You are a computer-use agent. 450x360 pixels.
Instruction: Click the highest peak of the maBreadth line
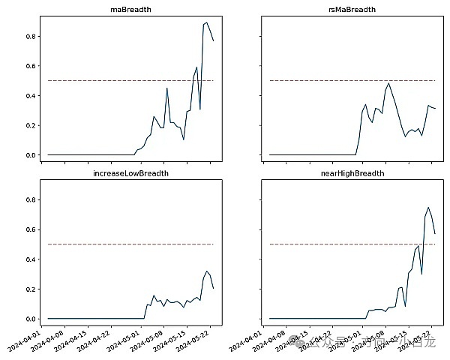[x=206, y=22]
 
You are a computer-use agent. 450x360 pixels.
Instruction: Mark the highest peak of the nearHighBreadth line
[x=428, y=208]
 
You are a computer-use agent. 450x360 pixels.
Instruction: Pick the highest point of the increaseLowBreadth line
[x=207, y=271]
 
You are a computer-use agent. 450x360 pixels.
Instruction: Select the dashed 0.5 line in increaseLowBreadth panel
[x=90, y=244]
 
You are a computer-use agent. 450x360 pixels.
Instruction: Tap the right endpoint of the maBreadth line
[x=213, y=40]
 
